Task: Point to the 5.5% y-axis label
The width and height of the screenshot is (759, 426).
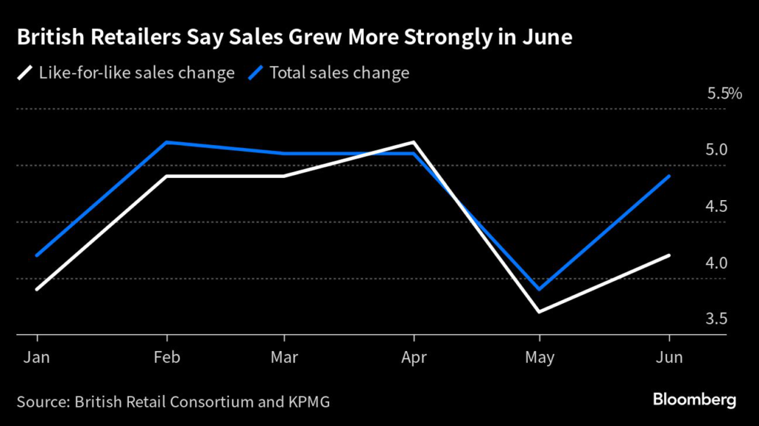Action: pos(724,94)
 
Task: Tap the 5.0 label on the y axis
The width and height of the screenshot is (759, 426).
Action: pos(717,150)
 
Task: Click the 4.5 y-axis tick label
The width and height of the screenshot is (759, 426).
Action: pos(717,207)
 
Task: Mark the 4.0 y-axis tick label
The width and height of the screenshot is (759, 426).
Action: pos(717,263)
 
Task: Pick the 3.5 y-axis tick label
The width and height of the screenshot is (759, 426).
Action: pos(717,319)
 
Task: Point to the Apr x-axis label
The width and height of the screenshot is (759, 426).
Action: pos(414,357)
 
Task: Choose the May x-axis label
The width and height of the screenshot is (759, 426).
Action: pos(540,357)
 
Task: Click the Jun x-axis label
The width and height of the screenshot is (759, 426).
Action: pos(669,357)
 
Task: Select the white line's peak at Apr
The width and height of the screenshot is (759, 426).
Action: pos(414,142)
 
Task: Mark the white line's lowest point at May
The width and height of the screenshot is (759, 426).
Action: pos(540,311)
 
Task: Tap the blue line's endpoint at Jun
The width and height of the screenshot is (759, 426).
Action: pos(669,176)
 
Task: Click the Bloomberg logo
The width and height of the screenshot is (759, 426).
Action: pos(695,401)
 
